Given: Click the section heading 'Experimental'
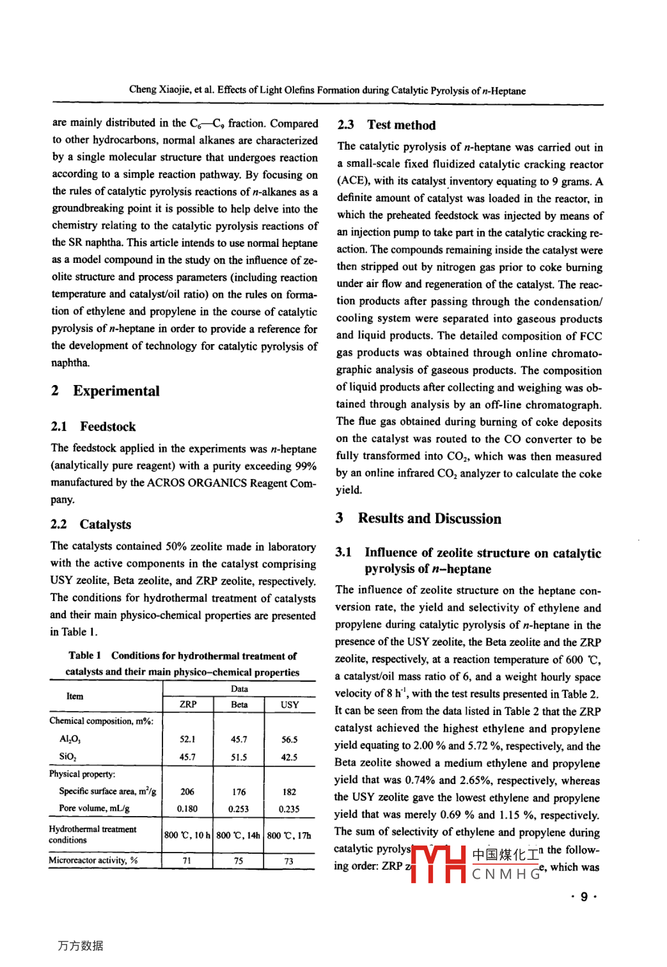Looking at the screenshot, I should coord(116,391).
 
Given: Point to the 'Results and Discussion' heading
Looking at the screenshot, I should coord(429,519).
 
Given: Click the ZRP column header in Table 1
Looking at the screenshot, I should coord(188,705).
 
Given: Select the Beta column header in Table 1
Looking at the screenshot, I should coord(239,705).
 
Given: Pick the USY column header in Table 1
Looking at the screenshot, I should coord(290,705).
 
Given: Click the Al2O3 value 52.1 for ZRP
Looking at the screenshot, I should coord(187,739).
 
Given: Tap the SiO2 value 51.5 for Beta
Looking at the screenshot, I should coord(239,757).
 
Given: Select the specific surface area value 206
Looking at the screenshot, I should coord(187,792).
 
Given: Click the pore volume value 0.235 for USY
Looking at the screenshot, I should coord(289,809).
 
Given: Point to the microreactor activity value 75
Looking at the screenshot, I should coord(239,861).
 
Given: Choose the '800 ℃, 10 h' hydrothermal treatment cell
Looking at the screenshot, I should coord(187,835).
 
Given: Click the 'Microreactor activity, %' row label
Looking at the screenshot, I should coord(93,860).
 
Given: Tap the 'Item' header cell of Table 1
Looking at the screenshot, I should coord(75,696).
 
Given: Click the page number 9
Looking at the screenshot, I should coord(584,897).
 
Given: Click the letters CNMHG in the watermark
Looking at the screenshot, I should coord(506,874).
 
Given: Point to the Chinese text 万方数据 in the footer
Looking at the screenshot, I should coord(81,946).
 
